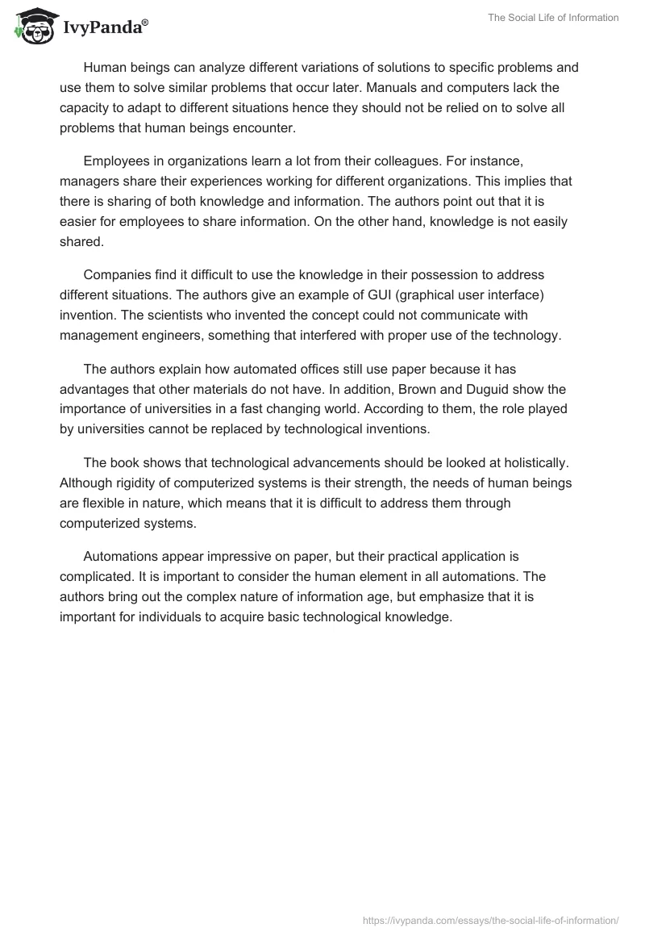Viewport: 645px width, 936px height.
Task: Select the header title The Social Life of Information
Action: click(x=553, y=18)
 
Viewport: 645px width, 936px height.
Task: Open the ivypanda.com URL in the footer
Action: click(x=491, y=920)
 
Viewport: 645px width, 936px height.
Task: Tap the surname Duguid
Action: click(x=491, y=390)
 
